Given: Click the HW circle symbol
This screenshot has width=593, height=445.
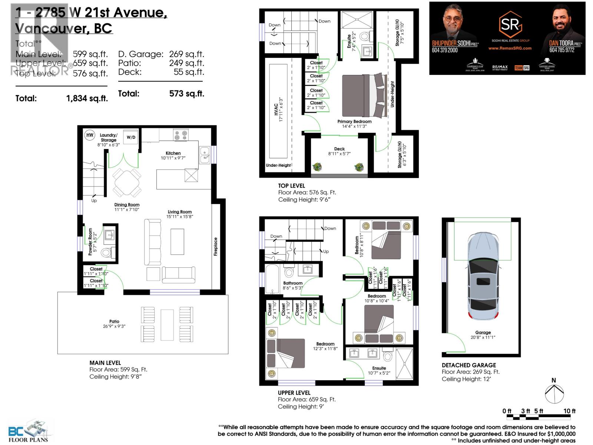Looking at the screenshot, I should [90, 135].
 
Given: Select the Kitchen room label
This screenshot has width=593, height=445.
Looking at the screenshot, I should [173, 153].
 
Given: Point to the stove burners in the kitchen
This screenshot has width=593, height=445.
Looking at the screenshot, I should [181, 135].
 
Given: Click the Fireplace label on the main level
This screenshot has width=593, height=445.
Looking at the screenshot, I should [216, 247].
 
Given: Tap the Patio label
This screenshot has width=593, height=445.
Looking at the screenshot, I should [114, 322].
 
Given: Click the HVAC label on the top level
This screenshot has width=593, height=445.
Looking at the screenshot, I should [276, 110].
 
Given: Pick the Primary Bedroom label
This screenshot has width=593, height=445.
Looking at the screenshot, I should [354, 122].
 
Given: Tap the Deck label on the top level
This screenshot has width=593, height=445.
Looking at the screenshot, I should [339, 149].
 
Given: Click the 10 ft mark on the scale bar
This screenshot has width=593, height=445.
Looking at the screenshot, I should [570, 411].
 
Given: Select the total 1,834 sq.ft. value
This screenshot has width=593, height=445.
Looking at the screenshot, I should [87, 99].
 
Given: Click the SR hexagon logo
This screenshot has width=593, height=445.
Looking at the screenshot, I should [511, 25].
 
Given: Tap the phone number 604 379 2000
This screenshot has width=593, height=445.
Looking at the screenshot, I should [445, 50].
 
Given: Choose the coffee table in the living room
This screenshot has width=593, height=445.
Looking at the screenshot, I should [177, 241].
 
